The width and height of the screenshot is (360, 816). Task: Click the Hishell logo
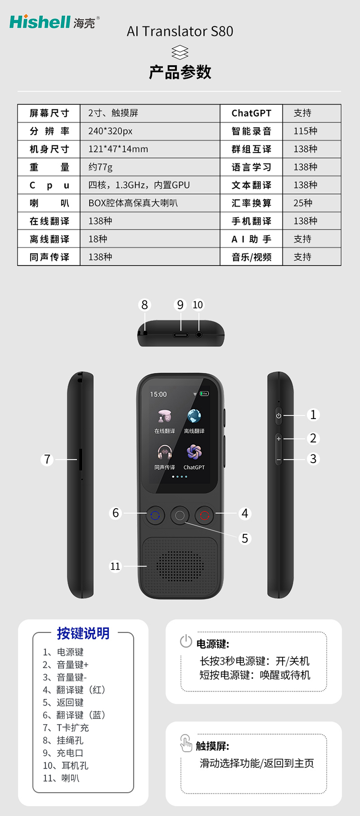(x=54, y=22)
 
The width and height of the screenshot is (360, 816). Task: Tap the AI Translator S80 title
(x=180, y=31)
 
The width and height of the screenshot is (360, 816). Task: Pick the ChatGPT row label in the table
(x=251, y=113)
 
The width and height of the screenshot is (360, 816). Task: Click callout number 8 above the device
(x=144, y=305)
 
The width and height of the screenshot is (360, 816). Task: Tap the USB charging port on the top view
(x=180, y=335)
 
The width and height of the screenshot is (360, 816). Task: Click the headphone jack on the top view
(x=199, y=335)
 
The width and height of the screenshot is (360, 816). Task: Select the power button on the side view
(x=278, y=416)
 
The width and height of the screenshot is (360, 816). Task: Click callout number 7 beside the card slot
(x=47, y=459)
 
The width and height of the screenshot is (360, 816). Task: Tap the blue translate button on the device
(x=155, y=516)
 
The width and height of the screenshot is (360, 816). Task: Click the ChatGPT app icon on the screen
(x=194, y=452)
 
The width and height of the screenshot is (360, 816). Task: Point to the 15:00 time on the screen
(x=159, y=394)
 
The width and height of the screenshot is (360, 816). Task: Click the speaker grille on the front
(x=180, y=566)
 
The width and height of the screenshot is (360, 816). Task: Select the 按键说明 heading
(x=83, y=633)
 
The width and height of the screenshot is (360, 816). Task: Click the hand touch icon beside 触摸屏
(x=186, y=743)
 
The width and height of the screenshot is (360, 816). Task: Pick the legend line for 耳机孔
(x=66, y=765)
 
